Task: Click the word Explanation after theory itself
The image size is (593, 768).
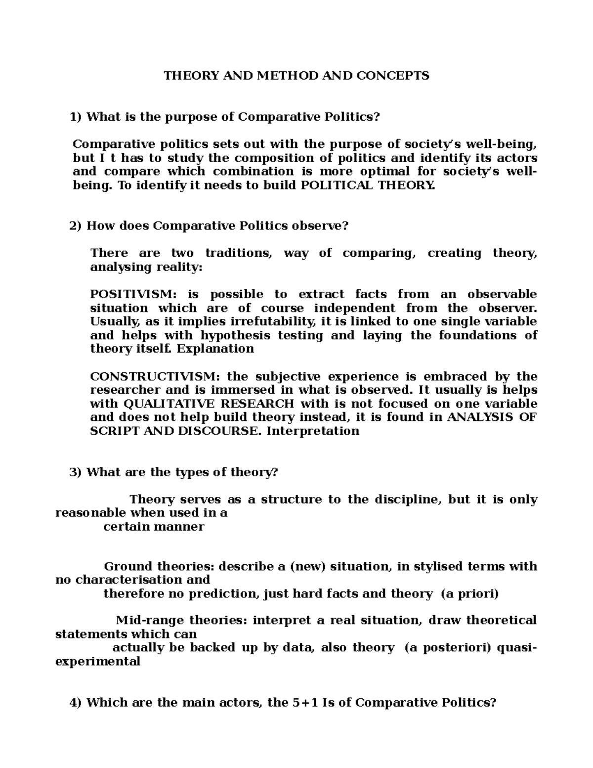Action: [215, 349]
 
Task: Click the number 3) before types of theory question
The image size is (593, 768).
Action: [76, 472]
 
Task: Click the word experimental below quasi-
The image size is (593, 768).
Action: [97, 661]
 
